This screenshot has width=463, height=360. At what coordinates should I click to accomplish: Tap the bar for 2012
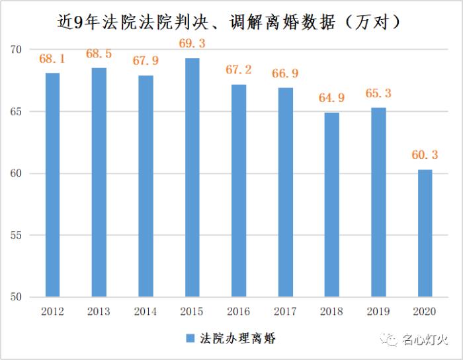click(52, 185)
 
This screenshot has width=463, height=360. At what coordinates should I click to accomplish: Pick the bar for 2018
click(331, 204)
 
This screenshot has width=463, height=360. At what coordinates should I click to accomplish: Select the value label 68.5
click(99, 54)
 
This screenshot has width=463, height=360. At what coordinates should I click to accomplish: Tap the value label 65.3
click(378, 93)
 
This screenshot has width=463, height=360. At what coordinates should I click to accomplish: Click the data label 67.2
click(239, 69)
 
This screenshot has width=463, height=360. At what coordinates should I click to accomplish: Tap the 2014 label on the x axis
click(146, 311)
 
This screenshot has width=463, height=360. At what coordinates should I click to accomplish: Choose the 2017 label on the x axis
click(285, 311)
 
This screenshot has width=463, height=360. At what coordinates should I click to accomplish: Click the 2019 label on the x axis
click(378, 311)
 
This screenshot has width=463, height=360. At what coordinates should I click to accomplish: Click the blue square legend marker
click(190, 339)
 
